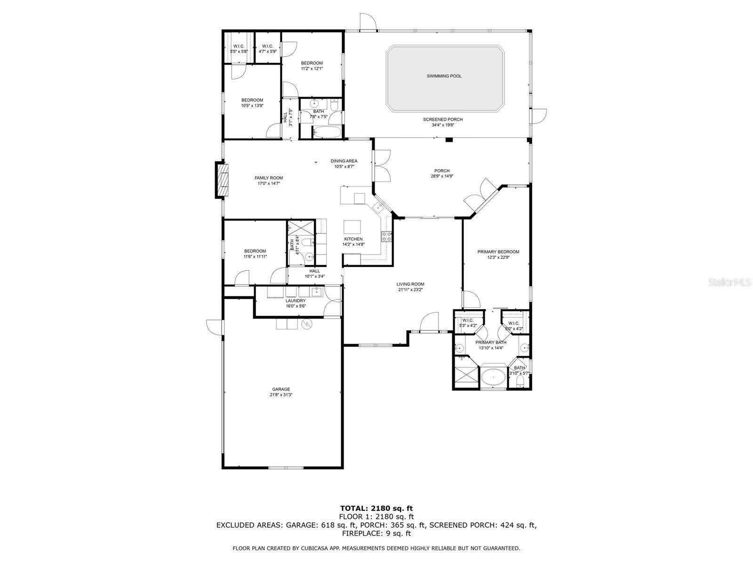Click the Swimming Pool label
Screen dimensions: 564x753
pyautogui.click(x=444, y=76)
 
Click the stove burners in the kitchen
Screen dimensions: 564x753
pyautogui.click(x=386, y=236)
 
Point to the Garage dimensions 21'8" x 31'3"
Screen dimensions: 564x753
pyautogui.click(x=280, y=395)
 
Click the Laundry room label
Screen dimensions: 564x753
pyautogui.click(x=296, y=301)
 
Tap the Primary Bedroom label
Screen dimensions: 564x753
pyautogui.click(x=498, y=252)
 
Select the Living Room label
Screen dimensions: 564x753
pyautogui.click(x=410, y=284)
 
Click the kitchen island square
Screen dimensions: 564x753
pyautogui.click(x=353, y=227)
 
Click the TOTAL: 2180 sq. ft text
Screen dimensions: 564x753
pyautogui.click(x=376, y=508)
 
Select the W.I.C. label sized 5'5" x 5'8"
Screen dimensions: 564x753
pyautogui.click(x=239, y=46)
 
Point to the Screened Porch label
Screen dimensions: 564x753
pyautogui.click(x=442, y=119)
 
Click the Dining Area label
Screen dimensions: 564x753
pyautogui.click(x=344, y=161)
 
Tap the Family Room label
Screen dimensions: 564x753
pyautogui.click(x=269, y=178)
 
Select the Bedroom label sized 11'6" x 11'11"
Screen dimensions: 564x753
pyautogui.click(x=255, y=251)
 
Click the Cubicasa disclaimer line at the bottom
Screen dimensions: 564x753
pyautogui.click(x=376, y=548)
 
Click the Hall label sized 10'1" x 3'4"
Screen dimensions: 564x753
pyautogui.click(x=314, y=271)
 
